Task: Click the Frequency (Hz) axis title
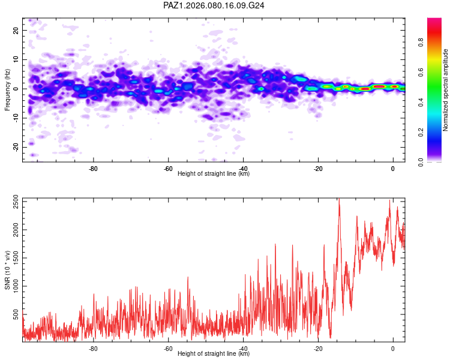7,89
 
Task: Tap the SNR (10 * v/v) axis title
7,269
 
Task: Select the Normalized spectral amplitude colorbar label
446,90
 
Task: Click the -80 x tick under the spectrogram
94,168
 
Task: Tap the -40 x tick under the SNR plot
243,348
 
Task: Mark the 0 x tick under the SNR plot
393,348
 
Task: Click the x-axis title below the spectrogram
214,174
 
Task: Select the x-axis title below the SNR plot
214,354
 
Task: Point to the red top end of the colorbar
434,21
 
